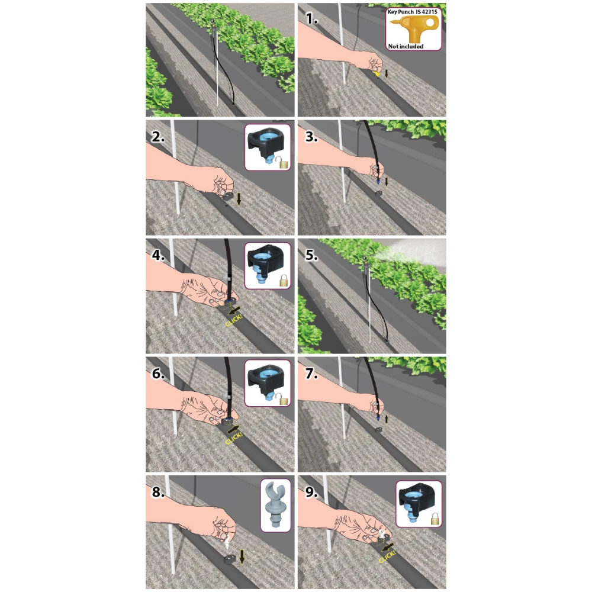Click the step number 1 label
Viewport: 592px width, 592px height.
click(x=311, y=18)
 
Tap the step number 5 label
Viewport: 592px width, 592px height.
click(x=311, y=255)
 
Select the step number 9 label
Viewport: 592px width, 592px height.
click(x=311, y=493)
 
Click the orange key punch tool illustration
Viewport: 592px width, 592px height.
click(x=414, y=28)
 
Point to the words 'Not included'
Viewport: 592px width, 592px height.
click(x=406, y=46)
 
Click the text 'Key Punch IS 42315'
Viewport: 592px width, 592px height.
click(x=412, y=12)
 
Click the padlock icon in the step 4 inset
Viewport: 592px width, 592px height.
click(x=284, y=281)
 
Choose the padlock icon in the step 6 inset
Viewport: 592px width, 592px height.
click(x=284, y=398)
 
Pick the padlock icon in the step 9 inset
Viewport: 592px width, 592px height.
click(x=435, y=519)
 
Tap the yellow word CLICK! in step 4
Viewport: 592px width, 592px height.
click(x=234, y=320)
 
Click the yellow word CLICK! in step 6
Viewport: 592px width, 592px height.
click(x=234, y=438)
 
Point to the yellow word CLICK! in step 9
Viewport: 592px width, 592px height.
click(x=387, y=556)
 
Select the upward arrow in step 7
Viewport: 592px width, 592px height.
click(x=386, y=419)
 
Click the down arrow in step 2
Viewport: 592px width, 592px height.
click(x=239, y=199)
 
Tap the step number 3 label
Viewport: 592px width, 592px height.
click(x=311, y=137)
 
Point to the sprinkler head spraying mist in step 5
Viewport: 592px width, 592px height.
click(x=365, y=259)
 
